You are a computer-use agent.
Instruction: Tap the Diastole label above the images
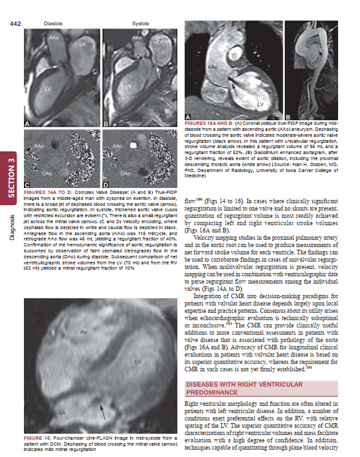tap(53, 24)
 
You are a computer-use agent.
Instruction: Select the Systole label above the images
tap(140, 24)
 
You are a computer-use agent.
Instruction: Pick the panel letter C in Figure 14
tap(27, 183)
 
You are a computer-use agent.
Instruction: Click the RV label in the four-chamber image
tap(84, 330)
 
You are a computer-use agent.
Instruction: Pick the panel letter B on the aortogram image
tap(288, 117)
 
